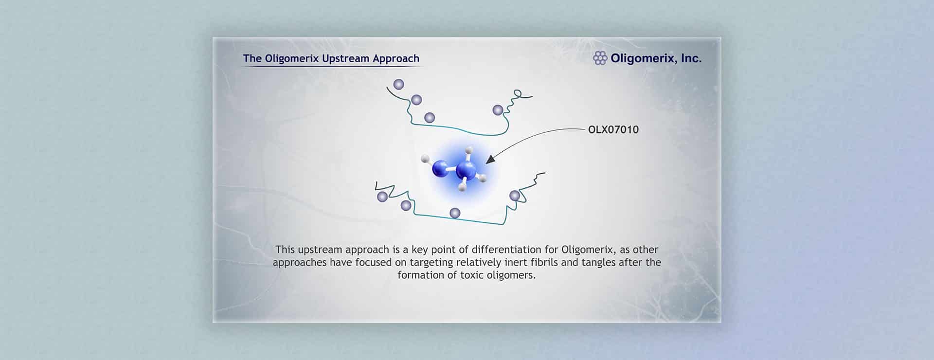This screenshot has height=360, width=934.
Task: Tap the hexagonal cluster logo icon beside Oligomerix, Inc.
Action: click(600, 58)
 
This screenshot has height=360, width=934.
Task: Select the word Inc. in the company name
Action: click(691, 58)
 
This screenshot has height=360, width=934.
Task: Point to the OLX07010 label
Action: click(613, 130)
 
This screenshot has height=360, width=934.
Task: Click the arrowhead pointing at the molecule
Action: click(490, 159)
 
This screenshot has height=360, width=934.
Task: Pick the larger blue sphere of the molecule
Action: click(466, 170)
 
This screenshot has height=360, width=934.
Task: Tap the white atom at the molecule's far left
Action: click(425, 158)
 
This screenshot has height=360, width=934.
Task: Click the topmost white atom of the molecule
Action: click(469, 150)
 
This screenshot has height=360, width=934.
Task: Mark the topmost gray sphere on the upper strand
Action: click(398, 85)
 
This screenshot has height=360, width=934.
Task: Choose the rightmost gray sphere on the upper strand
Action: click(498, 110)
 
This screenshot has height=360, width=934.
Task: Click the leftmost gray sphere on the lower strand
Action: click(382, 197)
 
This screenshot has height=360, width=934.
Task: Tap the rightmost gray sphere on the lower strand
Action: click(515, 196)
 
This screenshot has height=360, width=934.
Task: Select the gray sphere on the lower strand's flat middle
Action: click(455, 213)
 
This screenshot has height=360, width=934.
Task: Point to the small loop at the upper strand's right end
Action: click(518, 92)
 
